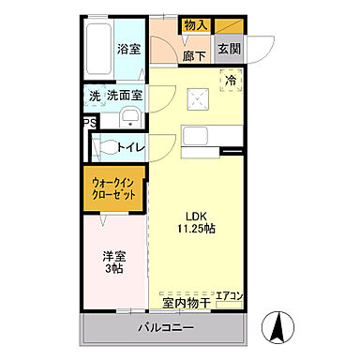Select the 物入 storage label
coord(195,25)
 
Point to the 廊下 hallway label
coord(194,55)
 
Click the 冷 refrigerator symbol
coord(230,81)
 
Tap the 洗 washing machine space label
coord(95,96)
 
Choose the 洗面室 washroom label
coord(124,96)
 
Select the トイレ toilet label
coord(130,146)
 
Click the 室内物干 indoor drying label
coord(183,302)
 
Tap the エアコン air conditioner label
coord(230,297)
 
